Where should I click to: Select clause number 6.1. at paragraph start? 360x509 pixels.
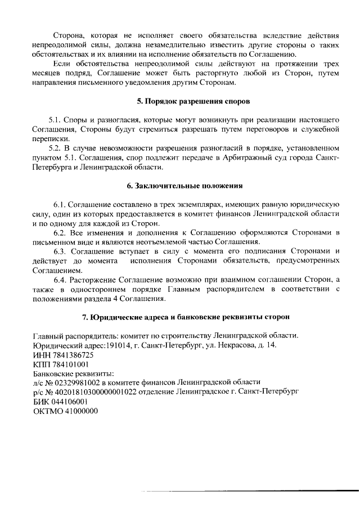coord(60,204)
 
